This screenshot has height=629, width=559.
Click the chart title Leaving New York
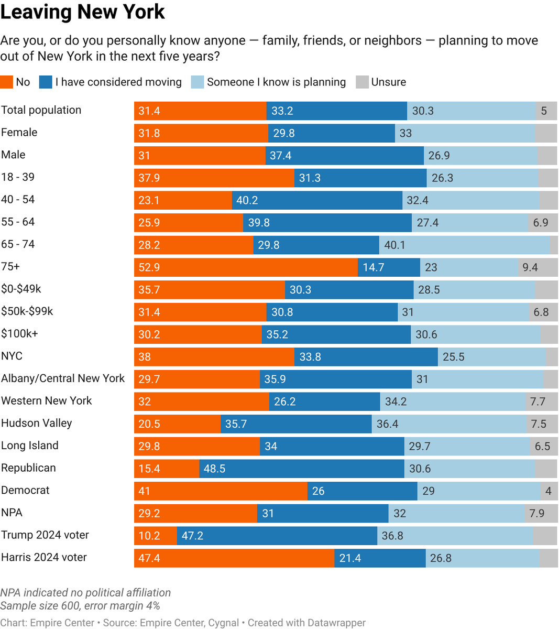(82, 13)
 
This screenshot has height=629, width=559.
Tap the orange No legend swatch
(6, 82)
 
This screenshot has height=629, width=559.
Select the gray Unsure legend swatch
(362, 82)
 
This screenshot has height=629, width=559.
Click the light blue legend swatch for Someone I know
(198, 82)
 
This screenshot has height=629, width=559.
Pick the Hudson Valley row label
(36, 423)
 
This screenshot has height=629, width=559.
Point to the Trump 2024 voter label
(45, 535)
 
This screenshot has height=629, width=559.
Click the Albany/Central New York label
(63, 378)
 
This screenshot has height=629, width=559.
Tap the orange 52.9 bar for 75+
(246, 267)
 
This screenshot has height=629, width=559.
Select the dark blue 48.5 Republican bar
(302, 469)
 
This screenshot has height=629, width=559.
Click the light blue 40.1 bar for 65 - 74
(464, 245)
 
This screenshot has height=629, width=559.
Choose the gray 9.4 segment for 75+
(538, 267)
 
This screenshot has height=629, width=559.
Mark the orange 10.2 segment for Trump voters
(156, 536)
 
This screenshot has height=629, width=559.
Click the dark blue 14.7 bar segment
(389, 267)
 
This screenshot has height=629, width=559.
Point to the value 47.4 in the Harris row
(149, 558)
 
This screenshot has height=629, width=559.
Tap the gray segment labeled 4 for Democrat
(549, 491)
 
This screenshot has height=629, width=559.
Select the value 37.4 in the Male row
(281, 156)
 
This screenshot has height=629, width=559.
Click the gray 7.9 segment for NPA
(541, 513)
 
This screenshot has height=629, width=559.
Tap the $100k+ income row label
(19, 334)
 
